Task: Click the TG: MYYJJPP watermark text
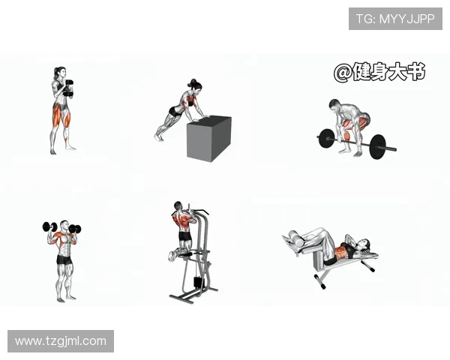pyautogui.click(x=395, y=19)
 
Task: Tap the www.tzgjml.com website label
pyautogui.click(x=61, y=341)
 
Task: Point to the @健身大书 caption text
pyautogui.click(x=379, y=72)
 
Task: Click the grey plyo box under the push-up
pyautogui.click(x=209, y=139)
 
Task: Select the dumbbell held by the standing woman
pyautogui.click(x=68, y=88)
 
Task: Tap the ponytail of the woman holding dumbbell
pyautogui.click(x=55, y=73)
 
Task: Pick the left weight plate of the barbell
pyautogui.click(x=326, y=139)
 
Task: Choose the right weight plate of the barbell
pyautogui.click(x=378, y=147)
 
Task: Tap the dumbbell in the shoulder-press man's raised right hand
pyautogui.click(x=49, y=226)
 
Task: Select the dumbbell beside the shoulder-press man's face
pyautogui.click(x=74, y=229)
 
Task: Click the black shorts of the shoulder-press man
pyautogui.click(x=64, y=259)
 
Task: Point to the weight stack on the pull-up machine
pyautogui.click(x=197, y=283)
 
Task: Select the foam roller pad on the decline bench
pyautogui.click(x=296, y=238)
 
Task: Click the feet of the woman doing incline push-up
pyautogui.click(x=157, y=137)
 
